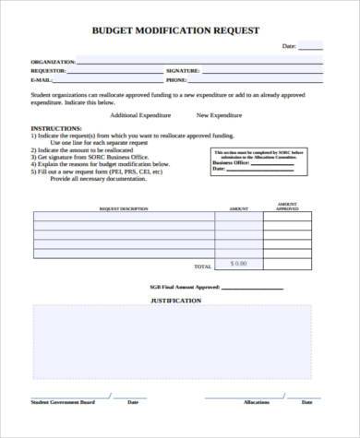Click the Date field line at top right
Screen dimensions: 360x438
[311, 48]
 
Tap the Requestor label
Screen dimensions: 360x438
[48, 70]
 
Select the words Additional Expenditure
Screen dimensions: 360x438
[140, 115]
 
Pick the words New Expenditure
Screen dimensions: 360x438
[219, 115]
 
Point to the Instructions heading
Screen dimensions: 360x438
[56, 128]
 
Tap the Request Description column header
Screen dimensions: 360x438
[124, 208]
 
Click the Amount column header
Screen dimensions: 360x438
[238, 208]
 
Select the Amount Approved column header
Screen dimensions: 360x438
[287, 206]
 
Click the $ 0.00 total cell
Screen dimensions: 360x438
[238, 264]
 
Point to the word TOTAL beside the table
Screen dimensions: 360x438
[203, 266]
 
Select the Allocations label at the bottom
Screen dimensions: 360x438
[257, 402]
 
